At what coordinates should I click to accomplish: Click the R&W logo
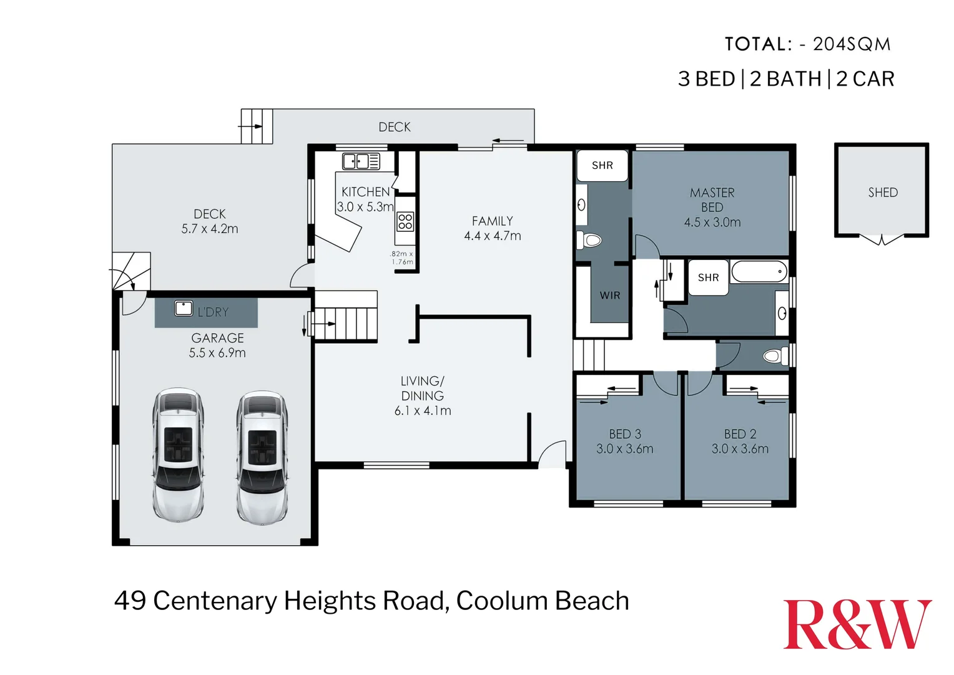tap(857, 624)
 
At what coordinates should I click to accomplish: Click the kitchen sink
tap(360, 161)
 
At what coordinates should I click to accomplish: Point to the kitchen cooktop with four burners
tap(405, 221)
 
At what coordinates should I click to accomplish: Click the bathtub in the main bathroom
tap(759, 272)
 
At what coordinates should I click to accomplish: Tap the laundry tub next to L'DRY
tap(184, 308)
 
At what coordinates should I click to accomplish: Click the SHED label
tap(882, 192)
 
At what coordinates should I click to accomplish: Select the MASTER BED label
tap(712, 200)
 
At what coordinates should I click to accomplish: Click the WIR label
tap(610, 295)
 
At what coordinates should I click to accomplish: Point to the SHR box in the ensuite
tap(602, 166)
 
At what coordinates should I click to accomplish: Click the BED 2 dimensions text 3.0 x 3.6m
tap(740, 449)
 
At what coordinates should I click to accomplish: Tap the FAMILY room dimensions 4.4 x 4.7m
tap(492, 236)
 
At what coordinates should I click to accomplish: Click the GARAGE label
tap(217, 338)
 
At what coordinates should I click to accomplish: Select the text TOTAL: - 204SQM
tap(807, 44)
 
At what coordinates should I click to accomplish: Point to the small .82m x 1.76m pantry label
tap(401, 258)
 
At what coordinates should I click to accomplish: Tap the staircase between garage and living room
tap(346, 316)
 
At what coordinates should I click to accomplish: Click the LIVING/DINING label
tap(422, 388)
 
